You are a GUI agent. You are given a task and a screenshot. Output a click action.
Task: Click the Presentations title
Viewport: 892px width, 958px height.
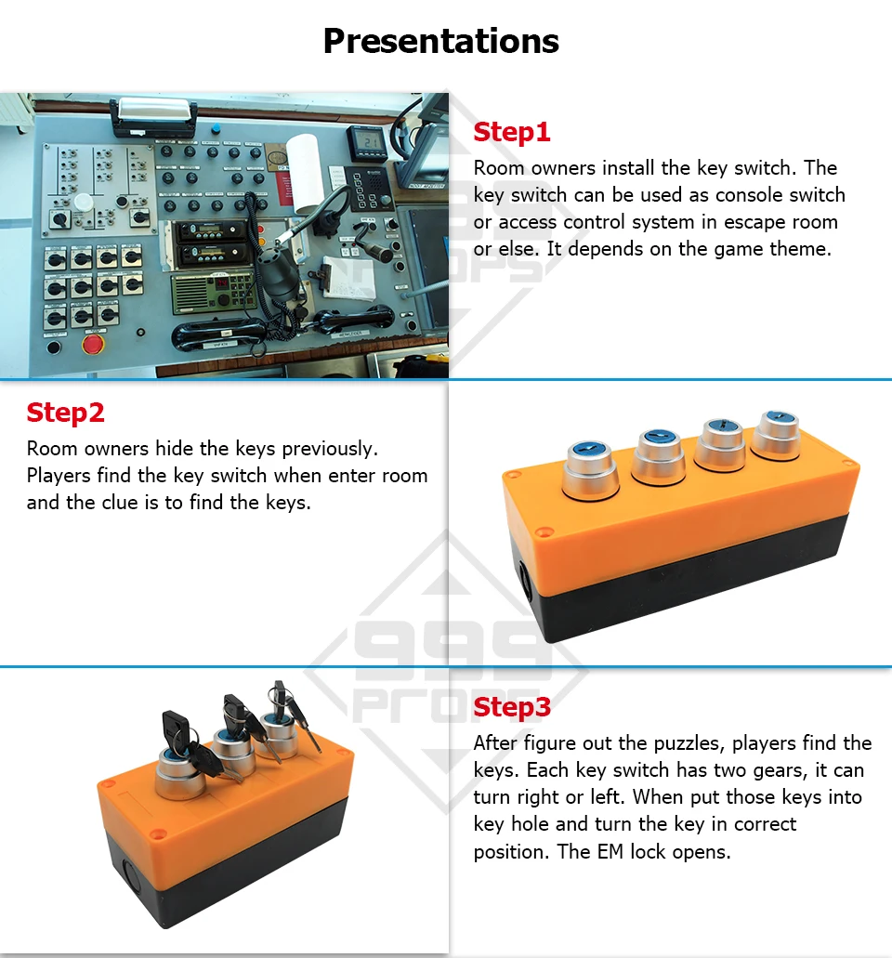pos(440,42)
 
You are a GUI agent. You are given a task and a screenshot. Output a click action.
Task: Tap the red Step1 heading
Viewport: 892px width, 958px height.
pos(512,133)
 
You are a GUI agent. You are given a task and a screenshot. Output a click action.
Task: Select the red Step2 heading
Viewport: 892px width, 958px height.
pos(65,413)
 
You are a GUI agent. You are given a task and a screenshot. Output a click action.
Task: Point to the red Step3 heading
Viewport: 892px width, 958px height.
pos(512,707)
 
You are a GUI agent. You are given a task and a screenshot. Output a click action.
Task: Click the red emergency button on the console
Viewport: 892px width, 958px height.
pos(93,344)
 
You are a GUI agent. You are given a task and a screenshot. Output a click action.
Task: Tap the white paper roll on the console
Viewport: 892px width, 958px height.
pos(304,172)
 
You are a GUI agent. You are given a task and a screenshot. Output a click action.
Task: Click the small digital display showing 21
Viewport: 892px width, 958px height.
pos(368,142)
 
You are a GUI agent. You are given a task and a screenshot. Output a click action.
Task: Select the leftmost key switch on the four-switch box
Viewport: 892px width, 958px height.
pos(590,469)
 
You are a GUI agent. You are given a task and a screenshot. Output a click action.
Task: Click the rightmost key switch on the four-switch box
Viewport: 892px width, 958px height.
pos(777,435)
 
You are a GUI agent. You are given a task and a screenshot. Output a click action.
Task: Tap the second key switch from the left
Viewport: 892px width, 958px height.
pos(659,456)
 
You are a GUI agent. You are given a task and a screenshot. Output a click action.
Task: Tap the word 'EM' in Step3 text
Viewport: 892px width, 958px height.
pos(610,852)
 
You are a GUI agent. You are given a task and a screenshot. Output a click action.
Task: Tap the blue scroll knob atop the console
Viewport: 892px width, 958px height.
pos(216,129)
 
